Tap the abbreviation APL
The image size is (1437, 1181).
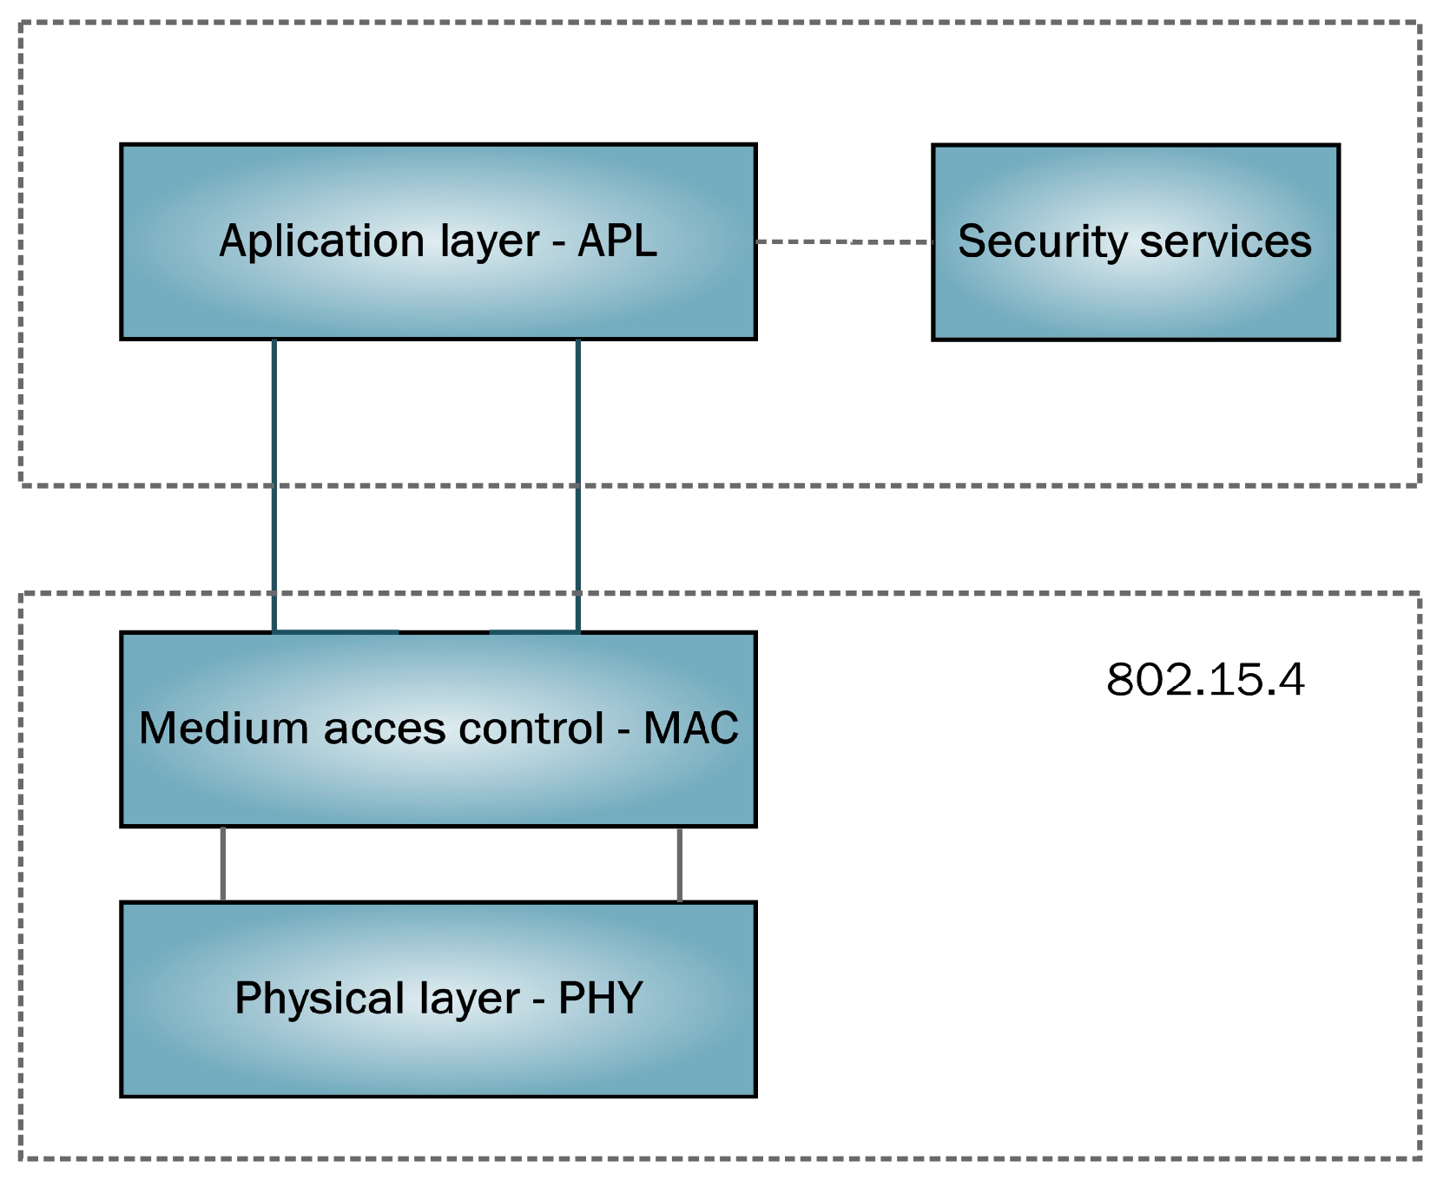click(617, 241)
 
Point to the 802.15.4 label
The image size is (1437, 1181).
click(1205, 679)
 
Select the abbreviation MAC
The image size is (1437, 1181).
click(690, 728)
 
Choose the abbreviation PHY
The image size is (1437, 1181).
click(600, 999)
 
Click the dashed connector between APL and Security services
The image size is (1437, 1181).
click(843, 241)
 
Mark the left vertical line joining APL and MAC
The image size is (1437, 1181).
click(274, 486)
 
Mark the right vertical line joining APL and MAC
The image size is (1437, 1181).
click(578, 486)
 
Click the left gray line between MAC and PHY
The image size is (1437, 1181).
click(223, 864)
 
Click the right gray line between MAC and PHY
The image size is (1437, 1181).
click(679, 864)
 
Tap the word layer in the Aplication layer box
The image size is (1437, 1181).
click(490, 241)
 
